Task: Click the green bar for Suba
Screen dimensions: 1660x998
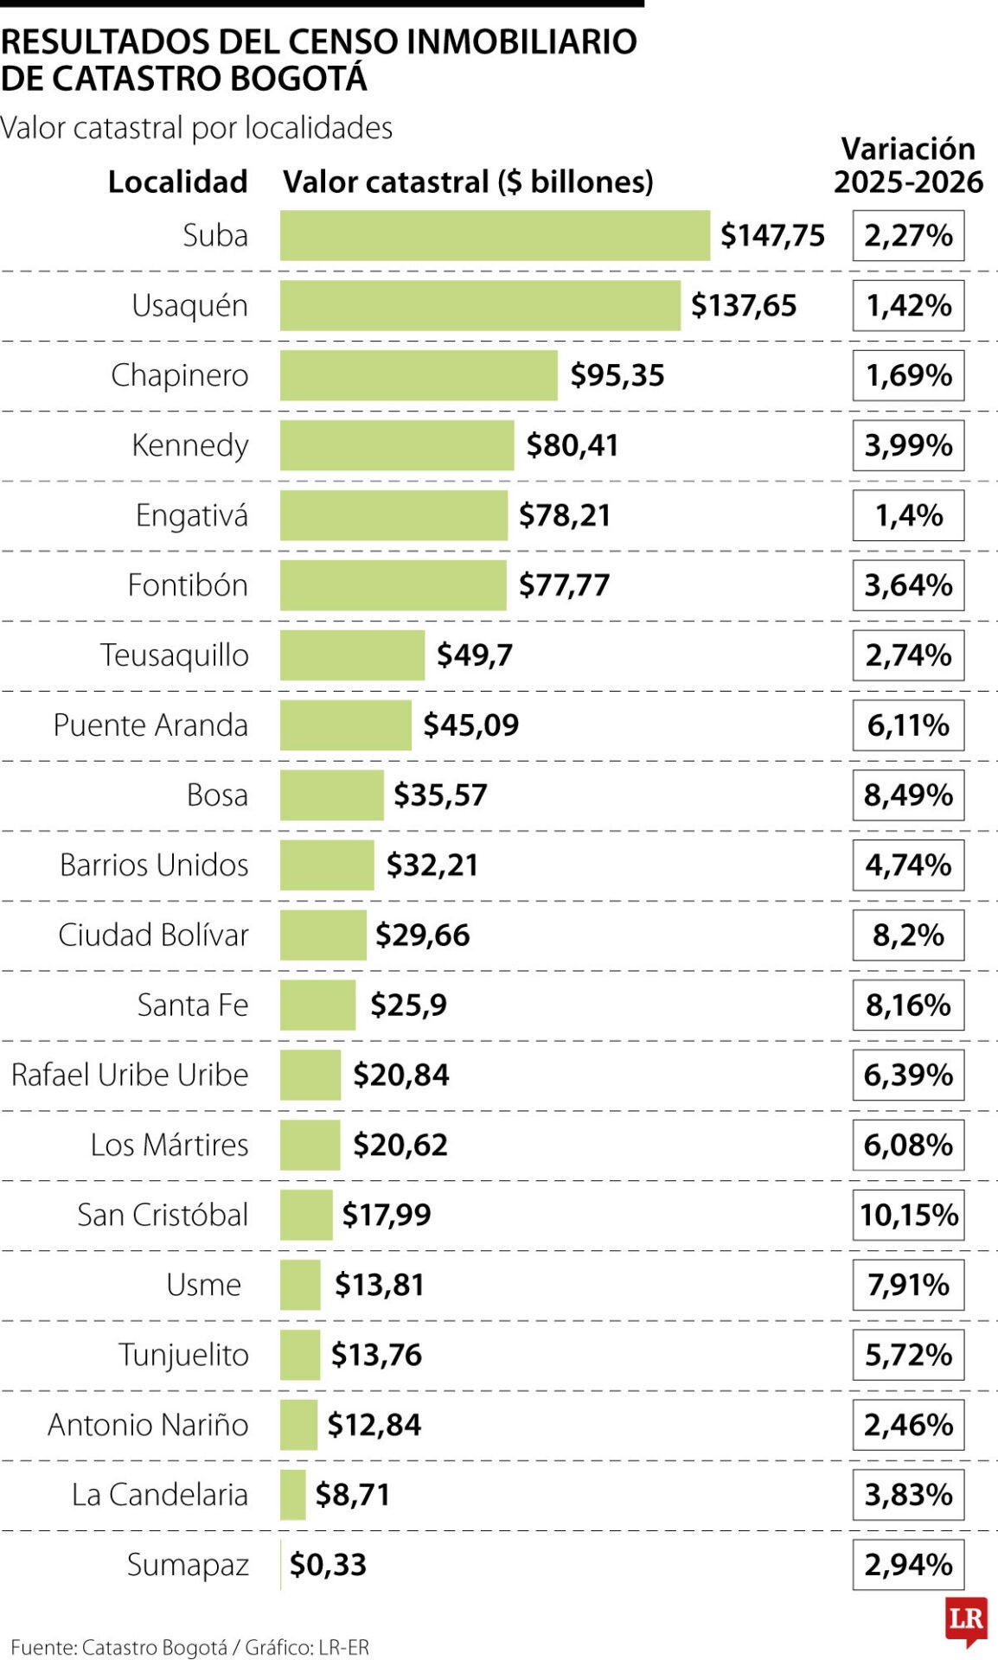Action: [x=495, y=235]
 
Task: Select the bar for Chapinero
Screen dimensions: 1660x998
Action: [x=419, y=375]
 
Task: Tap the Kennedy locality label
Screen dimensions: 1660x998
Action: [x=189, y=445]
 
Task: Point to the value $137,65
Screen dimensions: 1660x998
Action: [x=744, y=305]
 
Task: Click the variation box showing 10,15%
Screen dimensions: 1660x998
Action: [x=908, y=1215]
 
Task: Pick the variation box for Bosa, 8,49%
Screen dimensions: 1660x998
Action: [x=908, y=795]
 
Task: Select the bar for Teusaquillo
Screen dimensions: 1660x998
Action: [x=352, y=655]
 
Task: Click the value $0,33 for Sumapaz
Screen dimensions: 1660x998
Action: [x=328, y=1565]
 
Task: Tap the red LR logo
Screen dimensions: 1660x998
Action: [x=966, y=1619]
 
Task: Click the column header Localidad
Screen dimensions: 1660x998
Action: [x=177, y=182]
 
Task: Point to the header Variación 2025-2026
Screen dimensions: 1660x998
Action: [x=908, y=165]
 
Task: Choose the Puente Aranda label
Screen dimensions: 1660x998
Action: [x=150, y=725]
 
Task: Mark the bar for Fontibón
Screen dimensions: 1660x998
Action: [x=393, y=585]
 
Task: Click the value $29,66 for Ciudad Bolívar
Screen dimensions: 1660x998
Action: [x=423, y=935]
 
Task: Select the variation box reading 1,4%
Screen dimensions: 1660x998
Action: [x=908, y=515]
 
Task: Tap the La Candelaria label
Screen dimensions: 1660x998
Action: [x=160, y=1495]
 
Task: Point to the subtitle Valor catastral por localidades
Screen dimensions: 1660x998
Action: [x=196, y=128]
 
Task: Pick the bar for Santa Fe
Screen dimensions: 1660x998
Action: [x=317, y=1005]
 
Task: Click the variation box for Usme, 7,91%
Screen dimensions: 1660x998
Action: [x=908, y=1285]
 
